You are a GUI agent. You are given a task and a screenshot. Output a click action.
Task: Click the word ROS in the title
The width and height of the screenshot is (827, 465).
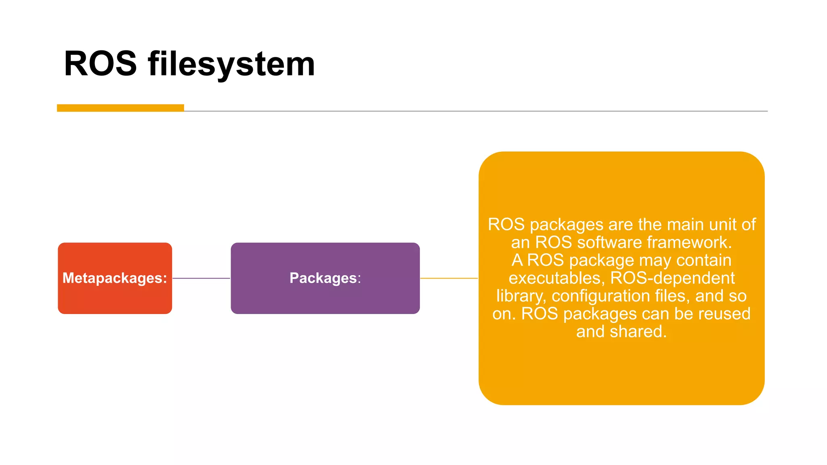100,64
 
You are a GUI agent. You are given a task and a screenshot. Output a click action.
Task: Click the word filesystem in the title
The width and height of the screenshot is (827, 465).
231,65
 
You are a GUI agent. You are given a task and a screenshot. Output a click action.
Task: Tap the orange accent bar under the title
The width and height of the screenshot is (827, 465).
120,108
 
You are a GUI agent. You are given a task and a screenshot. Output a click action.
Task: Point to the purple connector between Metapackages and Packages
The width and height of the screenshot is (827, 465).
201,278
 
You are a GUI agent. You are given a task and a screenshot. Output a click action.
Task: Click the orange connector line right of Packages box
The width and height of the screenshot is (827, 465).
449,278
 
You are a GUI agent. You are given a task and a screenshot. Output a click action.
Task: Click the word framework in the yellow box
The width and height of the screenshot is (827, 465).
689,243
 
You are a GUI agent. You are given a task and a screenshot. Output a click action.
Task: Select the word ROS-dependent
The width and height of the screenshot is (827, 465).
672,278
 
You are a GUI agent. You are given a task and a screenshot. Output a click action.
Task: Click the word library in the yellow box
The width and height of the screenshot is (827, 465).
521,296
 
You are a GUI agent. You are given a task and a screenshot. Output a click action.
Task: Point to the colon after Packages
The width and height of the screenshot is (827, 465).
359,279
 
